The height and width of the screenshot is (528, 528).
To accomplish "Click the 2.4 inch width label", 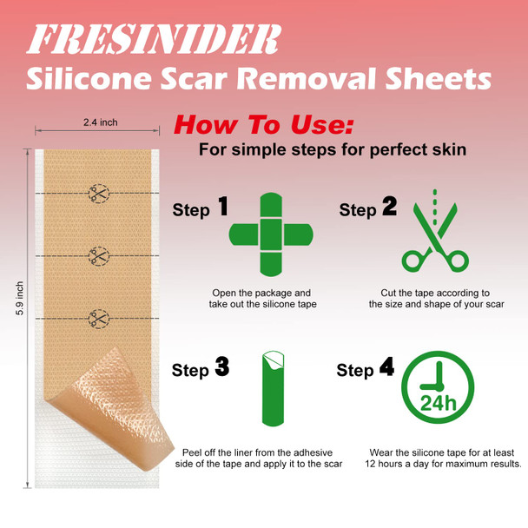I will tap(100, 122).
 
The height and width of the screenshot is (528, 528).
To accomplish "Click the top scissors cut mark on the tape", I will tap(99, 193).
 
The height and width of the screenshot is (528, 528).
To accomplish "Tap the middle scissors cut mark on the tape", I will tap(99, 255).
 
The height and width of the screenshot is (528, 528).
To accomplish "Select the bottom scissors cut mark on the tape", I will tap(99, 318).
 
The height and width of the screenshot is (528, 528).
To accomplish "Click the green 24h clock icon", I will tap(437, 389).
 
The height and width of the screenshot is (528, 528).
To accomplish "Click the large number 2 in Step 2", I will tap(389, 207).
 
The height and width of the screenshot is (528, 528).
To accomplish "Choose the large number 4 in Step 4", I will tap(386, 368).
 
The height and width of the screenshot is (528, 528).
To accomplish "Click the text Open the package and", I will tap(261, 294).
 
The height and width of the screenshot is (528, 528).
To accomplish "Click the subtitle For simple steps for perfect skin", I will tap(333, 149).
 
